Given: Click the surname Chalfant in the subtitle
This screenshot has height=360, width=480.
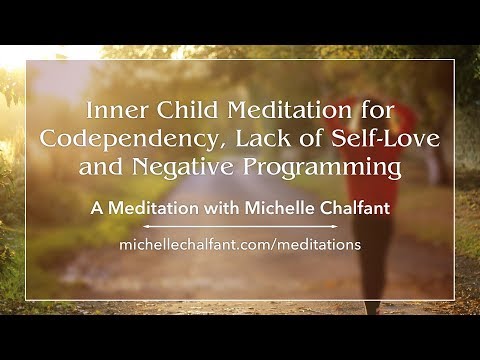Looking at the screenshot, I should click(x=337, y=212).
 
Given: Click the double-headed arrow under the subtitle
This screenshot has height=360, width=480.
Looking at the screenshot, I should click(x=239, y=228).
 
